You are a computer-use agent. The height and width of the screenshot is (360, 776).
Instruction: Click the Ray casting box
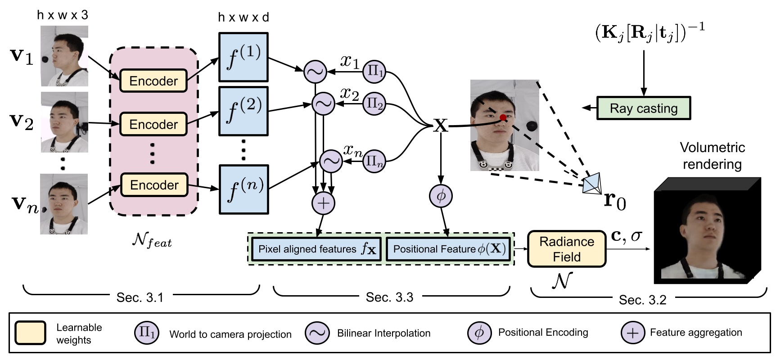click(x=643, y=108)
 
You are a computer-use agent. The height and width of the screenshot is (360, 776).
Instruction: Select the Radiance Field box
click(x=567, y=249)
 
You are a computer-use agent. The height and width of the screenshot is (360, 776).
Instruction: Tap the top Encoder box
click(x=153, y=81)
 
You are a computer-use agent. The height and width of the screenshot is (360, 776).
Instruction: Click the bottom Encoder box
click(x=154, y=185)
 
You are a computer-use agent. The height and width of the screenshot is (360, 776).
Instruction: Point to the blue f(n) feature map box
click(x=244, y=189)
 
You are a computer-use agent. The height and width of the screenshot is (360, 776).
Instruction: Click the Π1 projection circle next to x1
click(x=374, y=71)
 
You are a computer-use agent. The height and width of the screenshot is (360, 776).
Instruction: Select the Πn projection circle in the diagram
click(x=374, y=161)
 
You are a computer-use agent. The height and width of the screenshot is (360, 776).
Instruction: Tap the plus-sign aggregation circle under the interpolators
click(x=323, y=203)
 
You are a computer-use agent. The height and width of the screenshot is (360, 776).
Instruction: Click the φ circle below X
click(x=441, y=196)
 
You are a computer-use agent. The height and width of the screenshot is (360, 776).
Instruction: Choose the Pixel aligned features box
click(x=316, y=249)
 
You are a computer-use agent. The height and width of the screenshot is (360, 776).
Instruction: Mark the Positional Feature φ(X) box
click(x=448, y=249)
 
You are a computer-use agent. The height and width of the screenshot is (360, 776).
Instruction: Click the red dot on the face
click(x=503, y=118)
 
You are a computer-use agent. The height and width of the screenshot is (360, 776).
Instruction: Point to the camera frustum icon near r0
click(x=592, y=184)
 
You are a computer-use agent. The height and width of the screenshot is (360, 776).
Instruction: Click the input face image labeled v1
click(x=64, y=56)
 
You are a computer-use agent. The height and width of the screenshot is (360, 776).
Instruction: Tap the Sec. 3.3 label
click(x=389, y=297)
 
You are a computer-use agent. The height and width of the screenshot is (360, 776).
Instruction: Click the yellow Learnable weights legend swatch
click(x=30, y=333)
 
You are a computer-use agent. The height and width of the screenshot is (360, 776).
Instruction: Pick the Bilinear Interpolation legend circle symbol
click(x=317, y=333)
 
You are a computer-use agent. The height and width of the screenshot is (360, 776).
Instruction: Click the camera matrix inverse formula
click(x=650, y=33)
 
